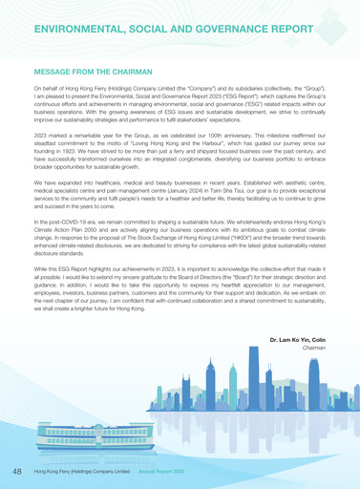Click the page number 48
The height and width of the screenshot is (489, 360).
(x=18, y=472)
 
